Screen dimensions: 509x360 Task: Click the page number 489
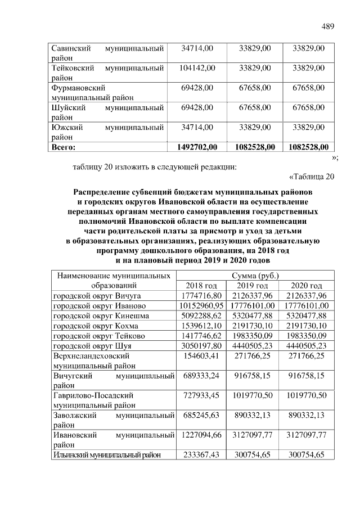(328, 26)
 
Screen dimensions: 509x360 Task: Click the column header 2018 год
(201, 285)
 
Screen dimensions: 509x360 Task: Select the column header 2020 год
(307, 285)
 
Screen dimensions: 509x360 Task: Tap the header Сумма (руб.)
(255, 276)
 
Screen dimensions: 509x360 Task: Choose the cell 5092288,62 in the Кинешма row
(201, 316)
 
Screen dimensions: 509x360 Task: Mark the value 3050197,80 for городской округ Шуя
(201, 346)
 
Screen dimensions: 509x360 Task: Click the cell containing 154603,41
(201, 356)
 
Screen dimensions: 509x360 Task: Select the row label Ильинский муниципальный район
(107, 454)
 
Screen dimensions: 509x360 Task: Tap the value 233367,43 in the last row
(201, 454)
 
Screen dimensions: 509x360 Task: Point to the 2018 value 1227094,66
(201, 435)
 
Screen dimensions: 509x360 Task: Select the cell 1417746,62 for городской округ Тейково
(201, 336)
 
